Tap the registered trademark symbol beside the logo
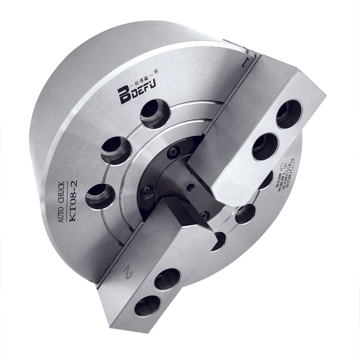point(156,71)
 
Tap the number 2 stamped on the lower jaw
point(128,271)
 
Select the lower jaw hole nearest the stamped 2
point(167,279)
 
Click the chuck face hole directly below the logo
point(155,113)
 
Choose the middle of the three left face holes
point(115,150)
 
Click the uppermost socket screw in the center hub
point(173,153)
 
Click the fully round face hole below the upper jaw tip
point(245,213)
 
